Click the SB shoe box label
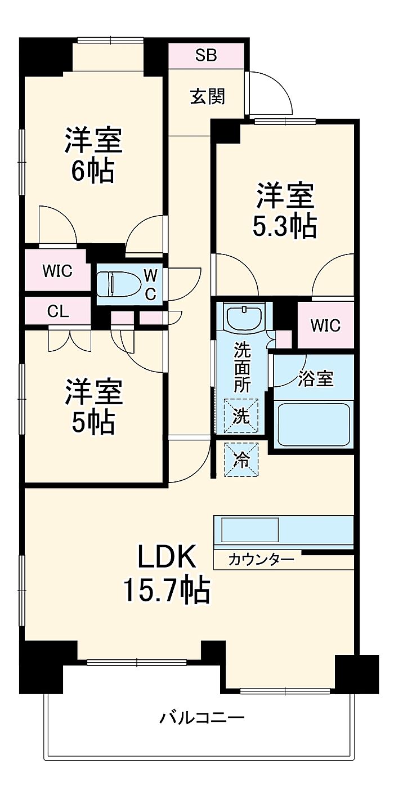click(x=206, y=55)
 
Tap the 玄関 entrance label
click(x=207, y=97)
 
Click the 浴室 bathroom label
click(x=316, y=378)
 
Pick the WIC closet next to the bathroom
click(x=325, y=325)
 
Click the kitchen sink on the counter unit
click(x=250, y=530)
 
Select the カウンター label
click(x=261, y=560)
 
